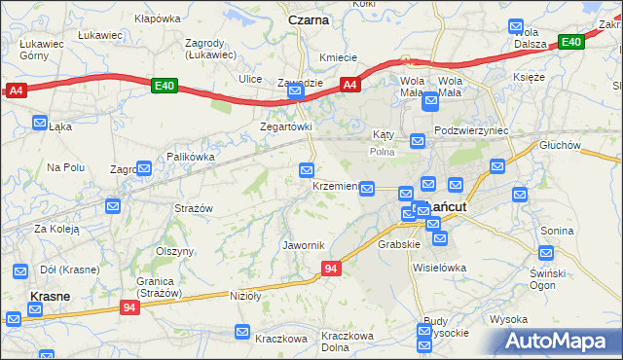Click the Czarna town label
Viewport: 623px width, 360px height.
pyautogui.click(x=309, y=19)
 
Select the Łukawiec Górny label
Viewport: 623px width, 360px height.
pyautogui.click(x=41, y=50)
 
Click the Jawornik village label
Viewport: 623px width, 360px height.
pyautogui.click(x=302, y=244)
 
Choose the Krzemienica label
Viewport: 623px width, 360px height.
pyautogui.click(x=335, y=186)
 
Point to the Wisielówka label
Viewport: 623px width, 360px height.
pyautogui.click(x=440, y=267)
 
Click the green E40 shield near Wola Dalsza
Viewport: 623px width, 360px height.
pyautogui.click(x=570, y=41)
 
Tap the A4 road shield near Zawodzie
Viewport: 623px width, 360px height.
pyautogui.click(x=351, y=85)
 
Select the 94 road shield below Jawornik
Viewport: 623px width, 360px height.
pyautogui.click(x=331, y=269)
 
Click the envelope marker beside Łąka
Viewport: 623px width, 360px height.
pyautogui.click(x=40, y=123)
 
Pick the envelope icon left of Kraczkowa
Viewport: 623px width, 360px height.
pyautogui.click(x=242, y=334)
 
